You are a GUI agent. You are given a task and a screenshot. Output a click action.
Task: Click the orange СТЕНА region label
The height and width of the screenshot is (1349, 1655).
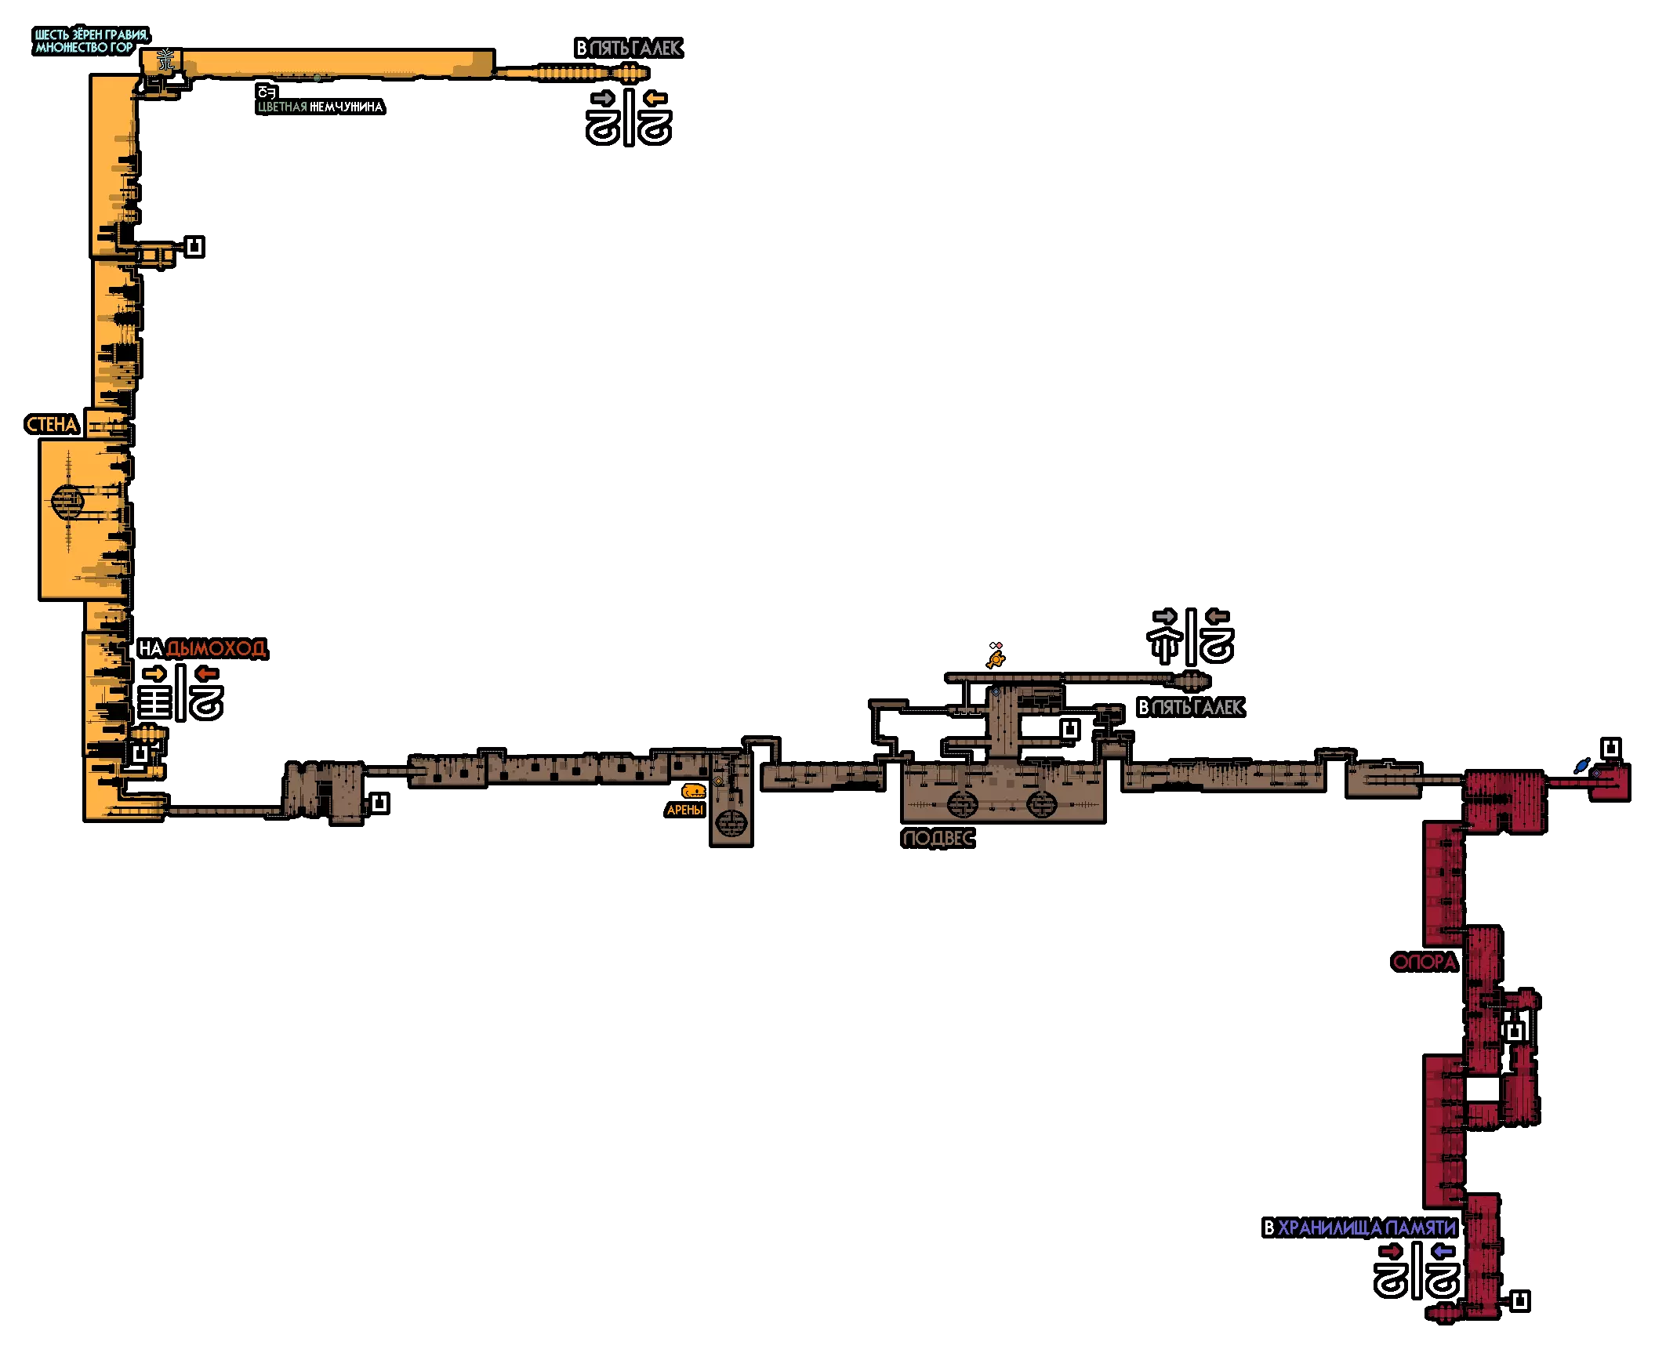point(52,425)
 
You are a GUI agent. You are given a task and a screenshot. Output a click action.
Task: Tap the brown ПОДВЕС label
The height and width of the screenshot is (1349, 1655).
point(938,838)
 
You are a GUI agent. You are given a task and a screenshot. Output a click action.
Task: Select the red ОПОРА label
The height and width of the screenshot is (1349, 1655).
point(1424,962)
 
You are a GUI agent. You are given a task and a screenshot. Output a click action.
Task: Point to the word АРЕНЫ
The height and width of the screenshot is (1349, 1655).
point(684,810)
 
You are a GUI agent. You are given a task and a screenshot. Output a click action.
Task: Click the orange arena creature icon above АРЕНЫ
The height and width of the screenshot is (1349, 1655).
point(693,791)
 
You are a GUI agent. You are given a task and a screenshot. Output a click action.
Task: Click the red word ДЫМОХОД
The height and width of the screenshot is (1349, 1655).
point(216,648)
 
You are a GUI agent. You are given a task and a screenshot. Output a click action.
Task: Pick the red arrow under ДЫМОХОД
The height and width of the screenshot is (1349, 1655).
point(207,673)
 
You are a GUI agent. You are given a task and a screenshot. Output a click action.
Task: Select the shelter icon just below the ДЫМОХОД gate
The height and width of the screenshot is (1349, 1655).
point(140,754)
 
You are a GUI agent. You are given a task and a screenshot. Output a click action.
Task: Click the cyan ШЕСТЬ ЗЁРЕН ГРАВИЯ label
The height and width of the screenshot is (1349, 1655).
point(91,34)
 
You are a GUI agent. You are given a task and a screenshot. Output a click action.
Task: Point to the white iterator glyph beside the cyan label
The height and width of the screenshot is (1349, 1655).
point(165,60)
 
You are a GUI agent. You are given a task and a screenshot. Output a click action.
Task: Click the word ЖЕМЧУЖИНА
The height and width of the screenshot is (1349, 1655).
point(346,107)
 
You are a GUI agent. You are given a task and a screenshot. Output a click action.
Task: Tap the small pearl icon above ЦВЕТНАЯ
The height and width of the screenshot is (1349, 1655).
point(267,92)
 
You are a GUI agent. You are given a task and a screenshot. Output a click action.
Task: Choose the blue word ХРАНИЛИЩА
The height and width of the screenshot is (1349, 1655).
point(1330,1228)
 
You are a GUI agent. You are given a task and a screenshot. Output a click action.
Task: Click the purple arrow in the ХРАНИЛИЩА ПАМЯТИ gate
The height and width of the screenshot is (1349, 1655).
point(1443,1251)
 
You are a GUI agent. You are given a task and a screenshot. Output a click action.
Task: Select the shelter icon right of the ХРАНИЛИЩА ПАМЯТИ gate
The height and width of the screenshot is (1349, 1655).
point(1519,1301)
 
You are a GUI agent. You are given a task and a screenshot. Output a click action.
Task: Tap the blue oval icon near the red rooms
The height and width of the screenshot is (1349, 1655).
point(1582,766)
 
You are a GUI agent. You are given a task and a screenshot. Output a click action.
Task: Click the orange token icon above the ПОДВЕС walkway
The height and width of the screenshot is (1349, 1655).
point(996,660)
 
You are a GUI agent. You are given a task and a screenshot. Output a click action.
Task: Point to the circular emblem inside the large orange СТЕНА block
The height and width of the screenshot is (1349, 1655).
point(67,501)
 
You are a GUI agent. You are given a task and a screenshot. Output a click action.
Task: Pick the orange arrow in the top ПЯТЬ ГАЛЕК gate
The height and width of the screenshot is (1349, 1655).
point(655,98)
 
